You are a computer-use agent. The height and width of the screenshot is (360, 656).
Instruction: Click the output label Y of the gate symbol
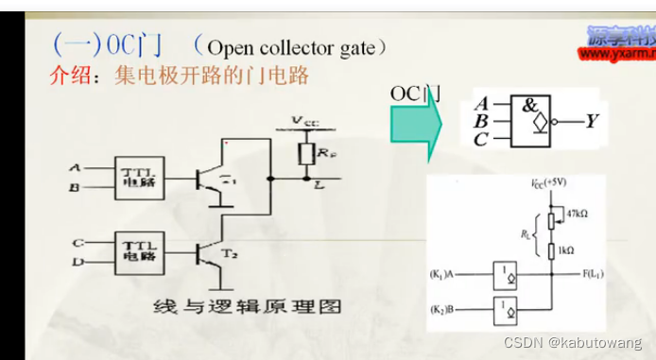click(x=591, y=121)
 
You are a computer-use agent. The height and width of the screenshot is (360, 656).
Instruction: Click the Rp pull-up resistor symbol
click(x=305, y=153)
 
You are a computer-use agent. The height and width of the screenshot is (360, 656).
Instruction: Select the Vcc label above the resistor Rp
click(x=304, y=121)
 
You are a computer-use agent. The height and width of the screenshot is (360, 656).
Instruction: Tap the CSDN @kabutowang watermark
click(x=572, y=341)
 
